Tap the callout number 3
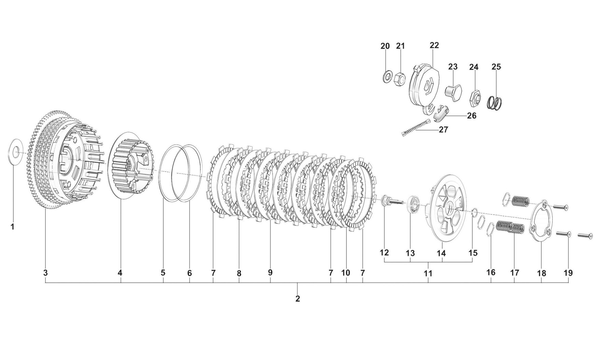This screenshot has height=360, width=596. tap(45, 273)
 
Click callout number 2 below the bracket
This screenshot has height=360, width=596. tap(297, 299)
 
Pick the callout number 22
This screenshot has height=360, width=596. tap(434, 45)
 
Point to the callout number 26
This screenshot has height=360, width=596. tap(471, 116)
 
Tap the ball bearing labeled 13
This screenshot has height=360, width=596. tap(413, 206)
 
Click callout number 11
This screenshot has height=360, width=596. tap(428, 273)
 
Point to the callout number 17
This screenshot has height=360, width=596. tap(514, 273)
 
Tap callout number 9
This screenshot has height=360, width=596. tap(270, 273)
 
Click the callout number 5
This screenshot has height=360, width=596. tap(163, 273)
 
